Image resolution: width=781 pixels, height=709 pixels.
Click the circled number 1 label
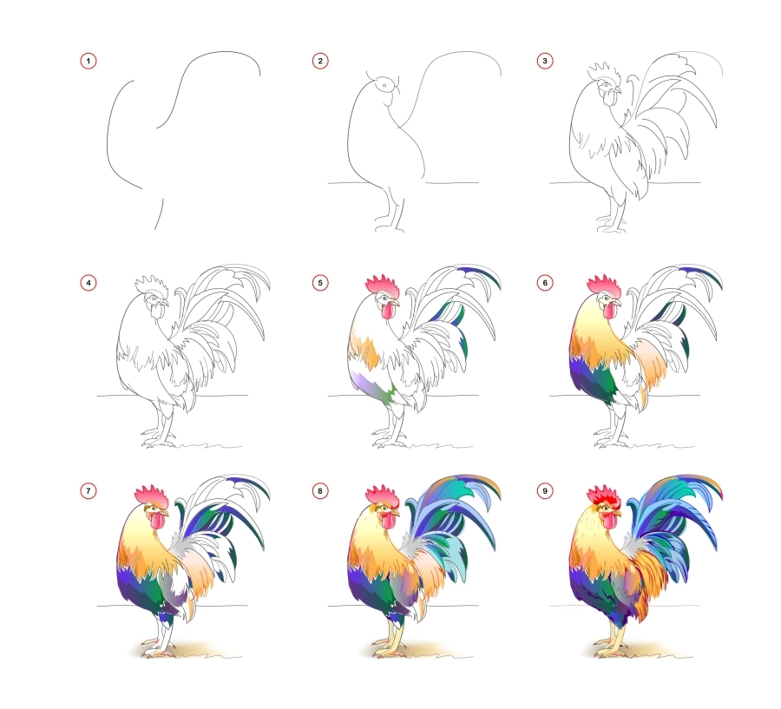(x=88, y=61)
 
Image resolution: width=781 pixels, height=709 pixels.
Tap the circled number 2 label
(x=320, y=61)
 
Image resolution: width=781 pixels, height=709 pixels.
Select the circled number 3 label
(x=545, y=61)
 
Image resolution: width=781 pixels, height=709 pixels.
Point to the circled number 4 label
(x=88, y=282)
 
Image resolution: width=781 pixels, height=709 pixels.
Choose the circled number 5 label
(x=320, y=282)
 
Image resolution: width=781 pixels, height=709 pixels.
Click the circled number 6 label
(x=545, y=282)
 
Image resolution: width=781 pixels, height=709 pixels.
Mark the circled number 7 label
(x=88, y=490)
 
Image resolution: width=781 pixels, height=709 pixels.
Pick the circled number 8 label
(x=320, y=490)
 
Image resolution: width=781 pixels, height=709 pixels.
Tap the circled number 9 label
(x=545, y=490)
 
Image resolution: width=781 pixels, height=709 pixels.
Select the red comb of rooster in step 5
(x=382, y=285)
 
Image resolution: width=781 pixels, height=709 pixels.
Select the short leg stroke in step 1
(x=160, y=214)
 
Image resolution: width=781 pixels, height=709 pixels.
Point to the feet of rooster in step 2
(x=388, y=227)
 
